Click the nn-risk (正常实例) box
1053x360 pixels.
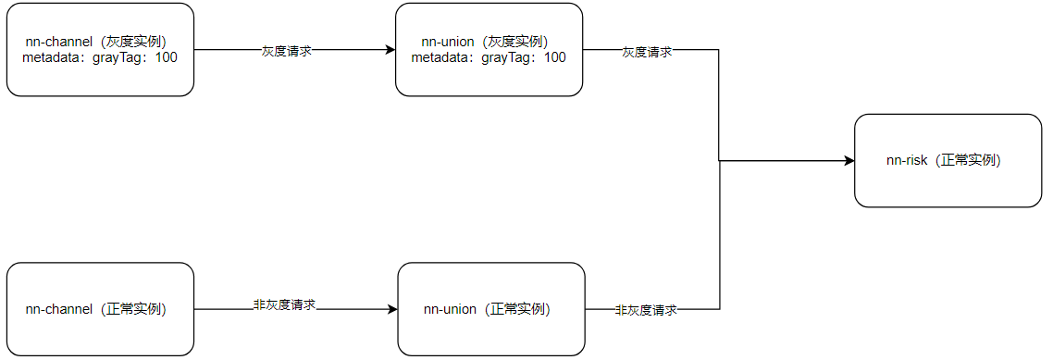pos(948,160)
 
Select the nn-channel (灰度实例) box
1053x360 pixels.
pos(100,50)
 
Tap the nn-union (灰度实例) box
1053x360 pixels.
pos(489,50)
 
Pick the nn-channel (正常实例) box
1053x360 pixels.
pos(100,309)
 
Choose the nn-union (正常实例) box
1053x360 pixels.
pos(490,309)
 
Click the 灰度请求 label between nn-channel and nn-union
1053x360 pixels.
pos(286,52)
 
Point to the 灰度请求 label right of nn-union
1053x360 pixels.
pos(647,52)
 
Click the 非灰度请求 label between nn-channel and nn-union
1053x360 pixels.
pos(285,304)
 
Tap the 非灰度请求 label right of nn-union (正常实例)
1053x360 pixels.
pos(646,310)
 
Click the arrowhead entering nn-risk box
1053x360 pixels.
pos(849,161)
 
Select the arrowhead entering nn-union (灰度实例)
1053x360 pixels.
pos(390,50)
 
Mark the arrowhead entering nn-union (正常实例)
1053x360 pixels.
pos(391,309)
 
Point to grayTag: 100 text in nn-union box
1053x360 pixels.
pos(525,57)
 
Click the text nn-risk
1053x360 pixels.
pos(907,160)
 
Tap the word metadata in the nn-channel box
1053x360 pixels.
pos(52,57)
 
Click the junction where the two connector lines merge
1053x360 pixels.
pos(720,161)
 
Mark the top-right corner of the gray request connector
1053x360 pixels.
pos(719,50)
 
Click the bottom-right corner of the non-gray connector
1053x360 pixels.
pos(719,309)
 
